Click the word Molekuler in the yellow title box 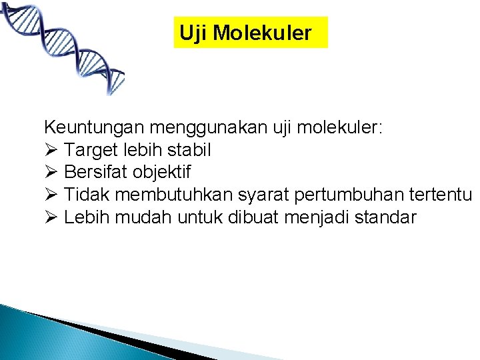coord(262,33)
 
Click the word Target coord(89,149)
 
